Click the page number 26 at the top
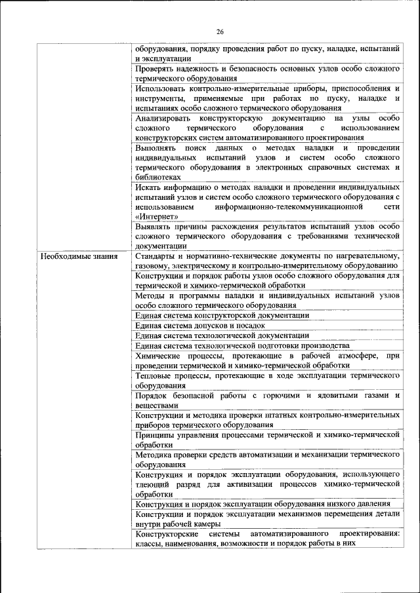220,31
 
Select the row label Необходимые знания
80,256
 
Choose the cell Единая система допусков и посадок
199,325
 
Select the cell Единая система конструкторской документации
222,315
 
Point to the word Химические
160,354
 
